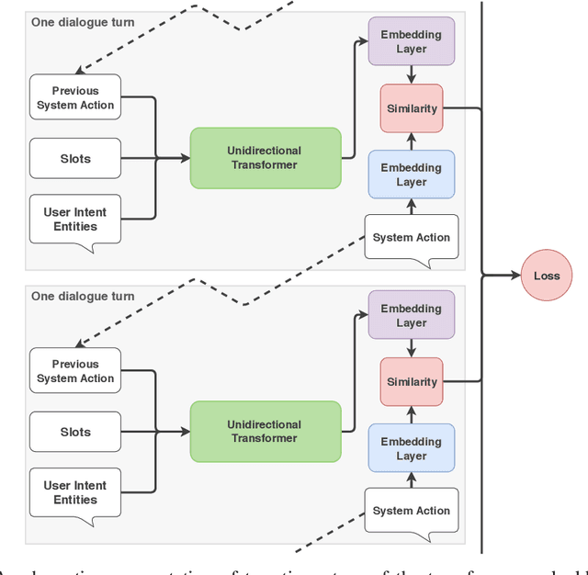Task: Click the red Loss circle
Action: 547,275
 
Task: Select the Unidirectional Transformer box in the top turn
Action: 265,158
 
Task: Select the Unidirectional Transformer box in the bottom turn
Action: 265,432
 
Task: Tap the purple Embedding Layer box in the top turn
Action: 411,41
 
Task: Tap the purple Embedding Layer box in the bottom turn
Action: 411,315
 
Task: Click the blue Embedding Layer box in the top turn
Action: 411,175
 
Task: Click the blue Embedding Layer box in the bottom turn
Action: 411,448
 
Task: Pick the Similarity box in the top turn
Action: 411,108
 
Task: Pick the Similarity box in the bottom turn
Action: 411,382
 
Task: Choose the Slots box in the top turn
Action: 75,159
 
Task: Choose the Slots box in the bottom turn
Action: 75,432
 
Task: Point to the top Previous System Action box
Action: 75,97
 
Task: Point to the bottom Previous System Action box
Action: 75,371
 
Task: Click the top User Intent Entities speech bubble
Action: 75,219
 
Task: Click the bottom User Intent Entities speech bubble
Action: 75,492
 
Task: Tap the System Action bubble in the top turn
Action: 411,237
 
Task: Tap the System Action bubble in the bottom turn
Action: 411,511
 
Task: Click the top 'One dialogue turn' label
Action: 83,21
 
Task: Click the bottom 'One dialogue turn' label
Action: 83,296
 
